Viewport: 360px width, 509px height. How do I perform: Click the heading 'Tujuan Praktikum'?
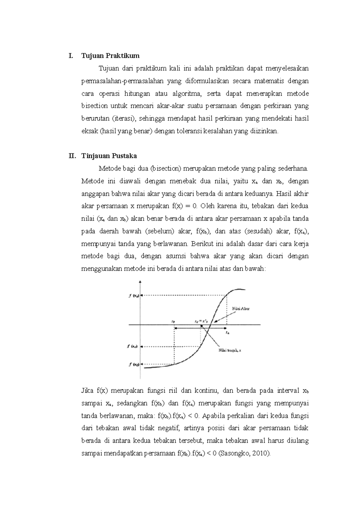[110, 56]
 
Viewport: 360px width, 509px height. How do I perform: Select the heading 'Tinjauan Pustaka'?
[109, 156]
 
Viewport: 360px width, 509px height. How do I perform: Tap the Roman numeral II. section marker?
[72, 156]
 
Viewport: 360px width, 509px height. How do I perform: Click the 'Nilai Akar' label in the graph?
[241, 308]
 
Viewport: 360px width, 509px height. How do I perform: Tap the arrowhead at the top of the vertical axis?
[140, 282]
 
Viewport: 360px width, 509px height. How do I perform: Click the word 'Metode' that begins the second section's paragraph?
[109, 168]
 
